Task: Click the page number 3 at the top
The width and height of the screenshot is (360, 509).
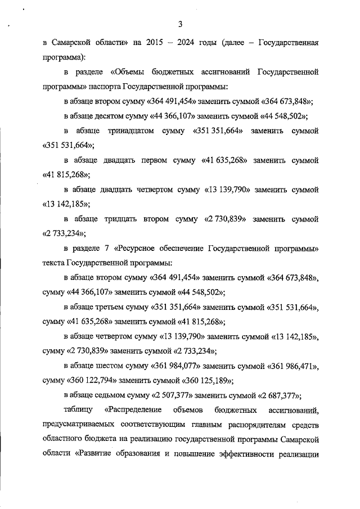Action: click(180, 24)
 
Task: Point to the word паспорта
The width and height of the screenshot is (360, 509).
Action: click(111, 87)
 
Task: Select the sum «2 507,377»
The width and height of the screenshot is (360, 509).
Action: click(174, 394)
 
